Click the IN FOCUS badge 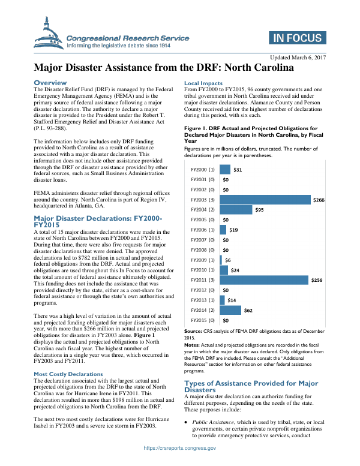[297, 38]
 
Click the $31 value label [238, 170]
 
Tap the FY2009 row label [202, 260]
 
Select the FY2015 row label [202, 320]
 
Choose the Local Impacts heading [203, 83]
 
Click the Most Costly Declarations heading [68, 374]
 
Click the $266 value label [319, 200]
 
